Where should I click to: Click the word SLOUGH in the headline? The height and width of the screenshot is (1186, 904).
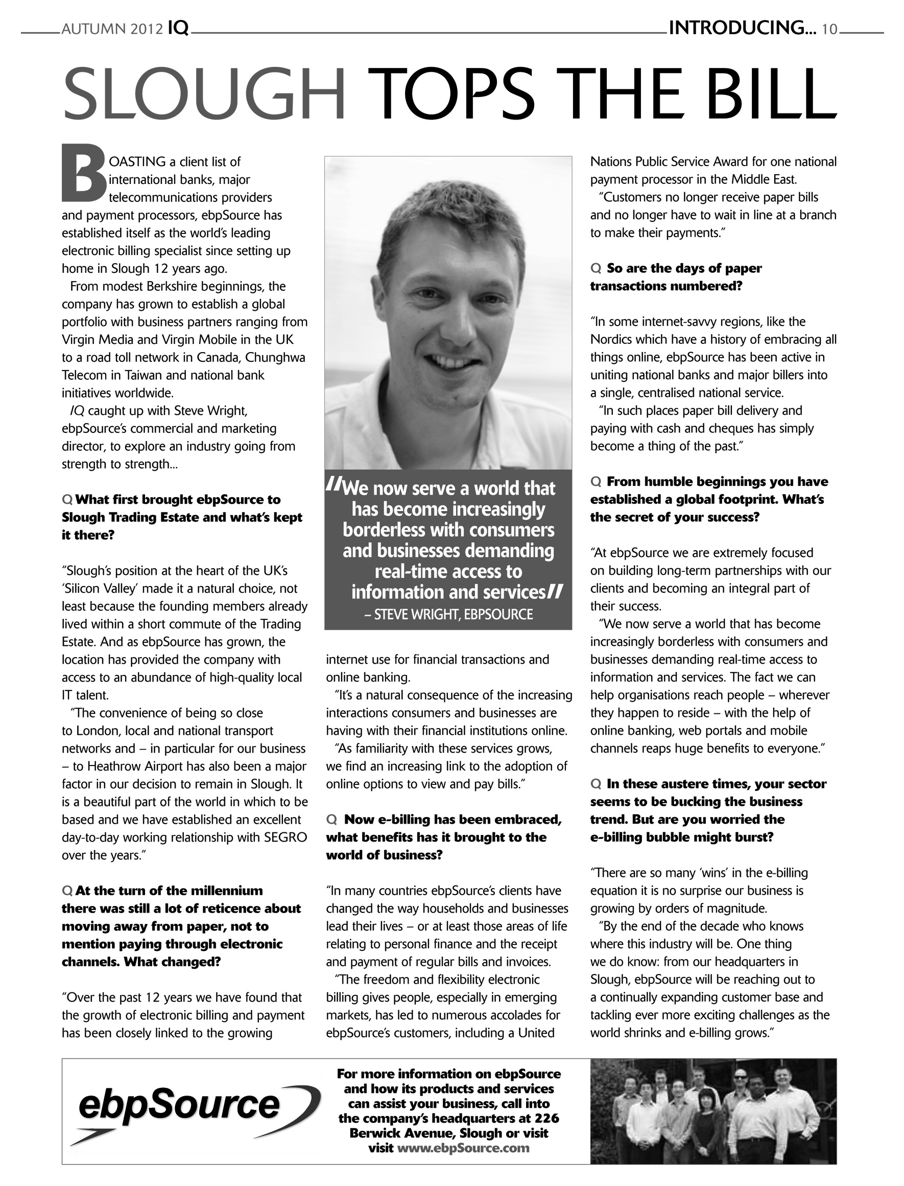point(203,95)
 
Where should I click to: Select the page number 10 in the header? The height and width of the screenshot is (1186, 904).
point(829,29)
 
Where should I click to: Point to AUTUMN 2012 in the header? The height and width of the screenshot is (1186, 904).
point(112,29)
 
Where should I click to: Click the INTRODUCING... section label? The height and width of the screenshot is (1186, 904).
point(742,28)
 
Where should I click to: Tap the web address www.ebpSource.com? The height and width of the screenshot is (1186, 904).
point(463,1148)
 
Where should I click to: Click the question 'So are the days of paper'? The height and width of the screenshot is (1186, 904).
point(683,268)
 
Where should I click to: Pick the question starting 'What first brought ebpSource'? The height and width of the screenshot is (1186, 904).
point(178,499)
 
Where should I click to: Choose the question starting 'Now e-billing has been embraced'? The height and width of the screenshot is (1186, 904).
point(452,820)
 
